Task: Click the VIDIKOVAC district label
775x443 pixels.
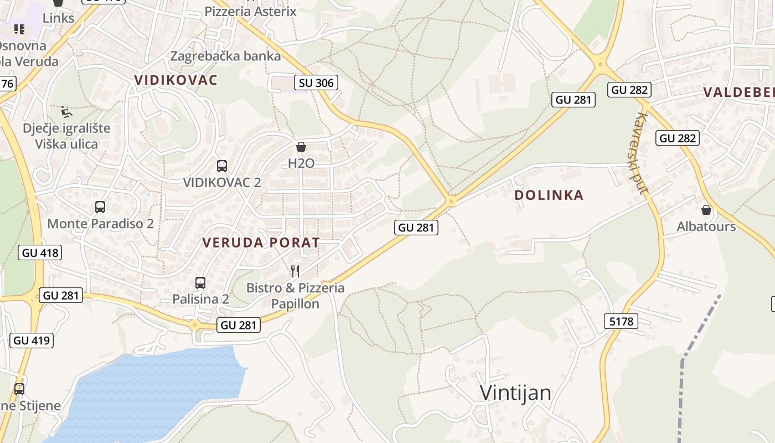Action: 176,80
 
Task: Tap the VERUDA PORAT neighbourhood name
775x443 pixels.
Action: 261,243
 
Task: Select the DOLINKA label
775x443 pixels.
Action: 549,195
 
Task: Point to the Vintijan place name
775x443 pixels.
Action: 515,393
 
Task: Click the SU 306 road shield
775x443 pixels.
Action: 316,83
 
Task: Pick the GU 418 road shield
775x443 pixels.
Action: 39,253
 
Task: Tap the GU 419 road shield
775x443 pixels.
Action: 32,340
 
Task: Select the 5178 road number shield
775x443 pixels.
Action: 621,321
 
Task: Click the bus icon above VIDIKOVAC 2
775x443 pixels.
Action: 222,166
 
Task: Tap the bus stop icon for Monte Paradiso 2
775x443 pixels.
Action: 100,207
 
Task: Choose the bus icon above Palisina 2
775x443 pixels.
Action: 200,282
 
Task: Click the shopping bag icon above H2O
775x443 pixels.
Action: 301,147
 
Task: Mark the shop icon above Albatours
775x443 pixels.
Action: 706,210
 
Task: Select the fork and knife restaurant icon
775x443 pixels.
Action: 295,271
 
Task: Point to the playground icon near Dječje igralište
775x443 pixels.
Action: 66,112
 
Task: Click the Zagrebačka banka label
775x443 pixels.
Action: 225,56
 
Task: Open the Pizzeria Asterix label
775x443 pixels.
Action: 251,11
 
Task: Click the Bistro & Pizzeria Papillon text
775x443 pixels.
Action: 295,296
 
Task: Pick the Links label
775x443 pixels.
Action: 58,18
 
